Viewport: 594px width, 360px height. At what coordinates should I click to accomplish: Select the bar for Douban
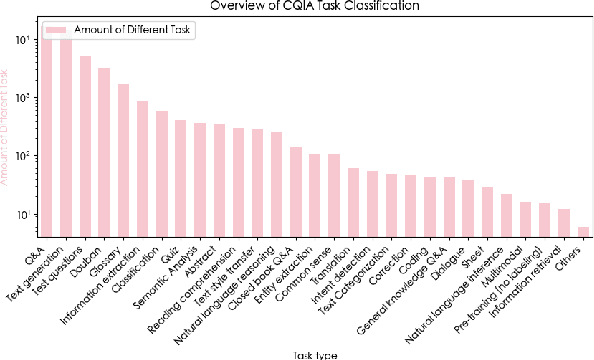pyautogui.click(x=104, y=151)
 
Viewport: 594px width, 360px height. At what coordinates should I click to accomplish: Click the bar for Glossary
pyautogui.click(x=123, y=159)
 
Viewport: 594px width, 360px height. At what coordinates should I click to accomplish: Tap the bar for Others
pyautogui.click(x=583, y=231)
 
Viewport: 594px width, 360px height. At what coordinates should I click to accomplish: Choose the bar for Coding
pyautogui.click(x=430, y=205)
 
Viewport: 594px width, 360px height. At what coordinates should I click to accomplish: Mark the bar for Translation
pyautogui.click(x=353, y=200)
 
